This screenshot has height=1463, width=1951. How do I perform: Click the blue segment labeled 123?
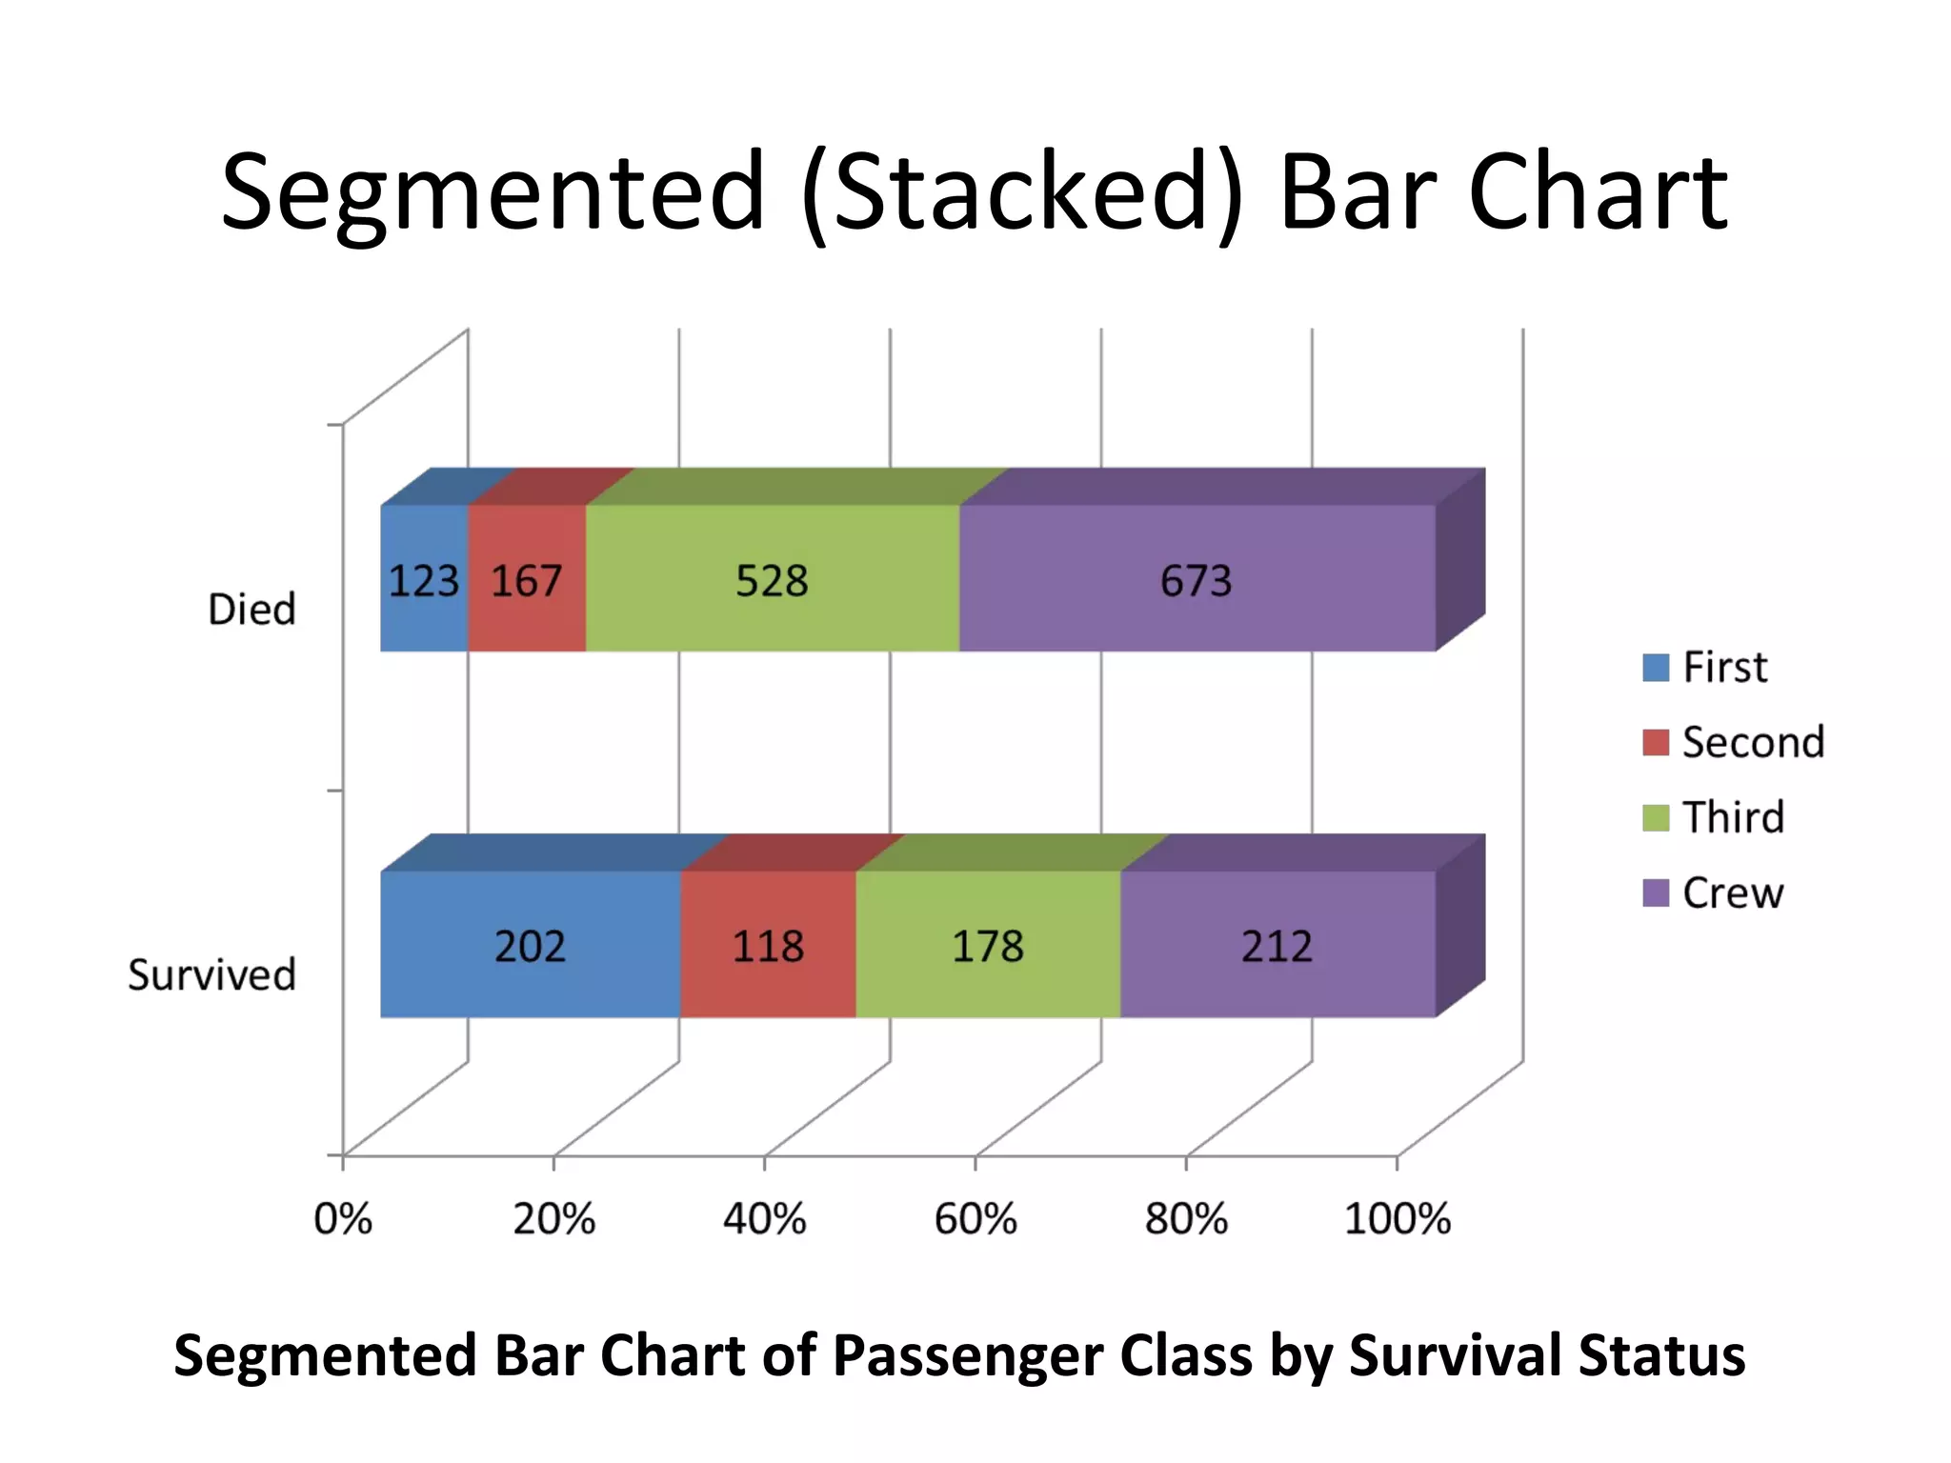pos(424,580)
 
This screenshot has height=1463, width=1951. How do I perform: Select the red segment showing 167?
pos(527,580)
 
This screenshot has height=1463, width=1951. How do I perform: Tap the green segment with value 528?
pos(772,580)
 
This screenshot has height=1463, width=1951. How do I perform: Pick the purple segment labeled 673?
pos(1197,580)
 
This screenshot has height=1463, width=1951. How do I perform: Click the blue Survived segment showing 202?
pos(530,946)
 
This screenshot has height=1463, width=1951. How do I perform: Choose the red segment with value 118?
pos(768,946)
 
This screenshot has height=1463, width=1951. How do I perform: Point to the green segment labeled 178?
pos(988,946)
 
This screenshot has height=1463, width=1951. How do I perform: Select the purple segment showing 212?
pos(1277,946)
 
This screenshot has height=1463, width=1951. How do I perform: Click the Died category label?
pos(251,610)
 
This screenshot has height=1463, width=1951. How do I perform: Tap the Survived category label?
pos(211,975)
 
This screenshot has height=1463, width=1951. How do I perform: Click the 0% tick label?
pos(343,1219)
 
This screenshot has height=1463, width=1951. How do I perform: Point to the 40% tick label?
pos(764,1219)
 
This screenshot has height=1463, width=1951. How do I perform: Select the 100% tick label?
pos(1397,1219)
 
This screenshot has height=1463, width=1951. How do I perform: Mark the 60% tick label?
pos(975,1219)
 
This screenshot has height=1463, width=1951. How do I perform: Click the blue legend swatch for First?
pos(1656,667)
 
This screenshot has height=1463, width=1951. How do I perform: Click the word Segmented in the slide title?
pos(493,193)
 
